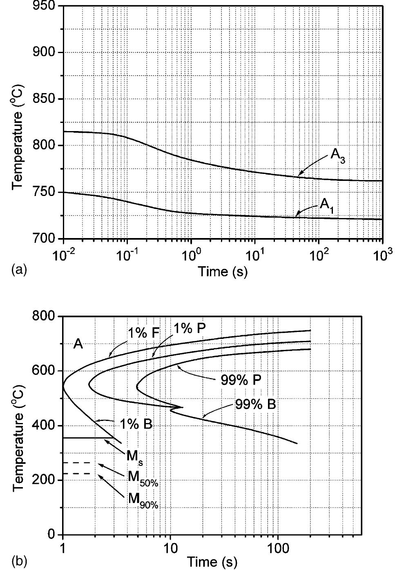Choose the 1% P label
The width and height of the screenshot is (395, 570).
(x=188, y=328)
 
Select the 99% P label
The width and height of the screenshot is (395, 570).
(x=241, y=380)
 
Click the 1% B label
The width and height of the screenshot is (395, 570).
(x=136, y=424)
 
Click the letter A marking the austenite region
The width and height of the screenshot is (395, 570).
(x=78, y=344)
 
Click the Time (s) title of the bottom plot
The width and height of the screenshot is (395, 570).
(x=212, y=562)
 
